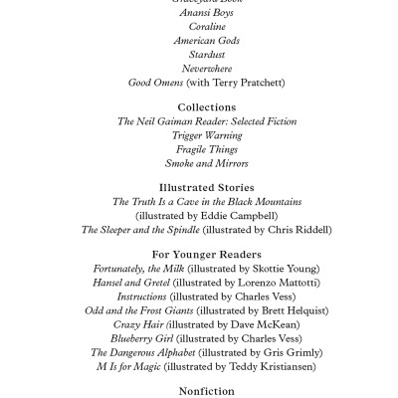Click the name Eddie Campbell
(235, 215)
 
